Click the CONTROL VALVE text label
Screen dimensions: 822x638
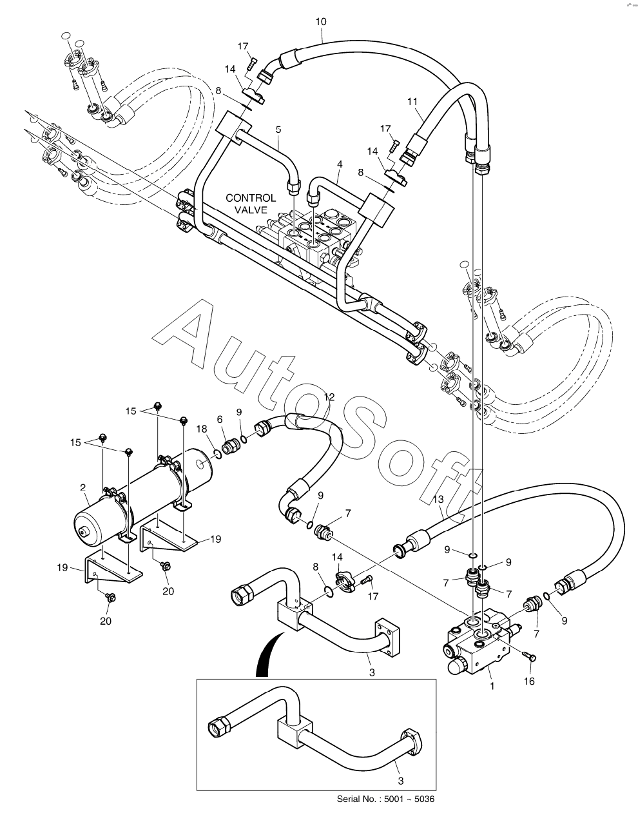coord(251,203)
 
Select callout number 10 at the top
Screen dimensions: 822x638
coord(321,22)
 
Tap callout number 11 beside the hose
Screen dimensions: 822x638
coord(412,101)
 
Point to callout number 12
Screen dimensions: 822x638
coord(329,397)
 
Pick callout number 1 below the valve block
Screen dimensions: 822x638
coord(492,686)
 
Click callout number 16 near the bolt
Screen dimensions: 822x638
coord(529,681)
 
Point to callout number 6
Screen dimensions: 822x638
coord(220,418)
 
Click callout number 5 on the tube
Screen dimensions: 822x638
coord(278,129)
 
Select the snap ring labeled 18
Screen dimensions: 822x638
coord(218,455)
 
